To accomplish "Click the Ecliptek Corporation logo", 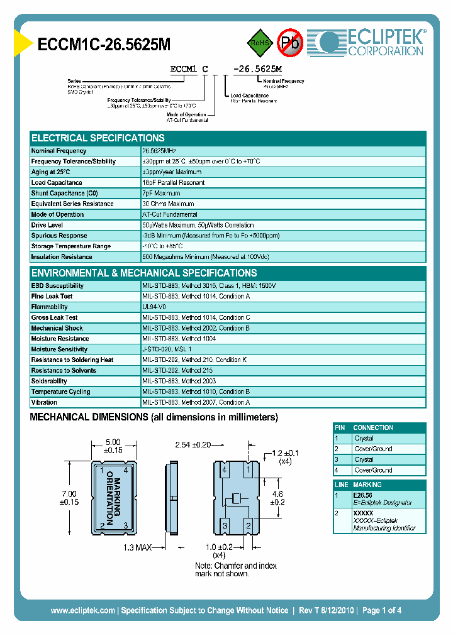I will (371, 42).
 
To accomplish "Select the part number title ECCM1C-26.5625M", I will (104, 44).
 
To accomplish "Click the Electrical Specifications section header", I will (98, 138).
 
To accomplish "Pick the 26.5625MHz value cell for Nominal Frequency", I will (160, 151).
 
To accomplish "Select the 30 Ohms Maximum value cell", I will (168, 204).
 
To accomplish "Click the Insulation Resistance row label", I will (62, 257).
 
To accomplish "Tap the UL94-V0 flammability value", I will (155, 307).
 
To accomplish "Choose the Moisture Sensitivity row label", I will (59, 349).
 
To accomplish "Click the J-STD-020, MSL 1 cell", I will (167, 349).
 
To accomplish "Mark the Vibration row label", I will (44, 402).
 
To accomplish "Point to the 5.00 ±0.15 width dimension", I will (113, 446).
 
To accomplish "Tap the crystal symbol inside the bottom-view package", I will (237, 498).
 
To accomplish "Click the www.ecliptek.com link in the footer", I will (82, 610).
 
